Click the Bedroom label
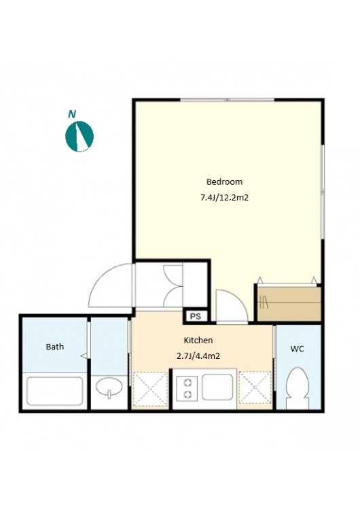coord(225,181)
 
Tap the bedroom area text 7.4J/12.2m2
coord(225,198)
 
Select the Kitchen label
coord(198,341)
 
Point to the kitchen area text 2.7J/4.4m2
coord(198,356)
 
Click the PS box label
coord(196,316)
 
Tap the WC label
coord(297,349)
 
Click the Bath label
coord(55,347)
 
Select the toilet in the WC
coord(298,388)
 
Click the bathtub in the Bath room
coord(55,391)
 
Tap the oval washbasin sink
coord(109,387)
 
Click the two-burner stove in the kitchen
coord(187,387)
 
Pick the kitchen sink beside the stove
coord(217,387)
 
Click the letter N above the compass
coord(71,114)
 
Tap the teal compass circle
coord(79,136)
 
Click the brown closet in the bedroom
coord(289,303)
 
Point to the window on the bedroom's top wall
coord(228,99)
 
